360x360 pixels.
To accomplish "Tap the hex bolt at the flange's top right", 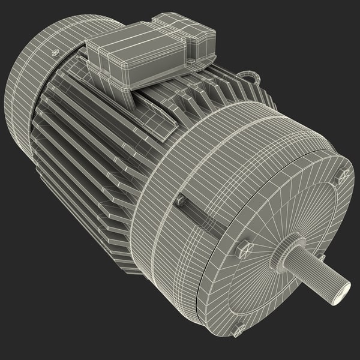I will [342, 176].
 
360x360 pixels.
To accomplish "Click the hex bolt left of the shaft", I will [243, 248].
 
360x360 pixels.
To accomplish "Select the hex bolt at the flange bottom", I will [238, 328].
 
